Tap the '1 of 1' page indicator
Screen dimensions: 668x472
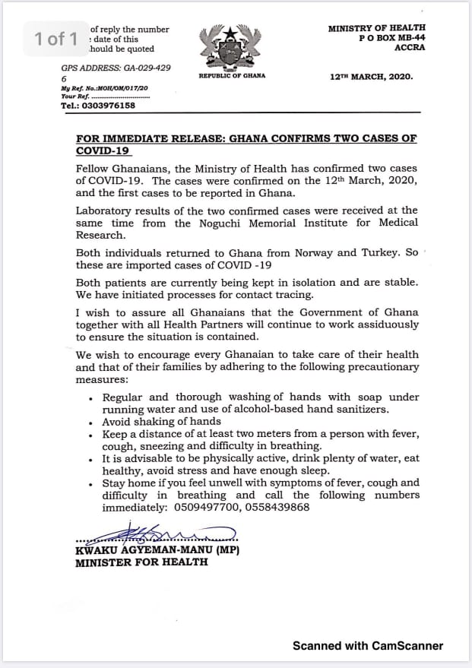[57, 38]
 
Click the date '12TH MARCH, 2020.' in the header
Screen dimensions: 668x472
[372, 77]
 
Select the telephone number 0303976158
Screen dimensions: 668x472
[109, 106]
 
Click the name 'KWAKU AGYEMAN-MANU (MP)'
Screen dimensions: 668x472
[157, 550]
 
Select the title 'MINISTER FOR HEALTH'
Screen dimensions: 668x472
[141, 563]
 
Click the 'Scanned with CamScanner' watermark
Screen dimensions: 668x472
[368, 646]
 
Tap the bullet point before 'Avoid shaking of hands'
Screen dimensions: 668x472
[91, 423]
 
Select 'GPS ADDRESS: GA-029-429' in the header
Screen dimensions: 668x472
[116, 68]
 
